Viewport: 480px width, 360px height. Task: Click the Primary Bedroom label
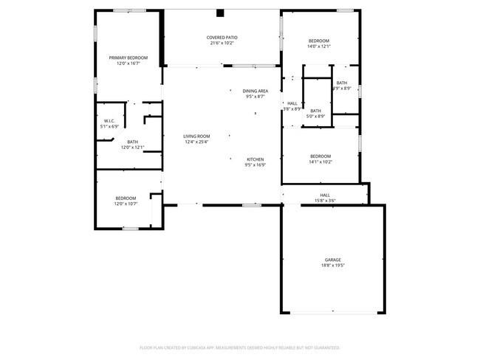pos(128,58)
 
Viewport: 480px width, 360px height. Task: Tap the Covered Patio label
pos(222,37)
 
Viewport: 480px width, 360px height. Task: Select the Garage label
pos(333,260)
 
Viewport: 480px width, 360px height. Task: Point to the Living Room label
pos(197,136)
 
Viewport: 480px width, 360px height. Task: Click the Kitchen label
pos(255,159)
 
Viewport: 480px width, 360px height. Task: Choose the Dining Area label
pos(256,91)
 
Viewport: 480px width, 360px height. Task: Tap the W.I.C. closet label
pos(109,121)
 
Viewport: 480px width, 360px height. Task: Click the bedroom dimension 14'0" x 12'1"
pos(319,46)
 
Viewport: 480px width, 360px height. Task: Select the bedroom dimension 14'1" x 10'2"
pos(320,162)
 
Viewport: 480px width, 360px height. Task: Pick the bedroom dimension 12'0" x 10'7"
pos(126,204)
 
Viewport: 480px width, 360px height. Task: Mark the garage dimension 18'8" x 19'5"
pos(333,266)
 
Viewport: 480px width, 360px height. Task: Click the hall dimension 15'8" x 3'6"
pos(325,201)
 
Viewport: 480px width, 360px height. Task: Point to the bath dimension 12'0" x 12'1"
pos(132,148)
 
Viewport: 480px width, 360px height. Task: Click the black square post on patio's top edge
pos(219,13)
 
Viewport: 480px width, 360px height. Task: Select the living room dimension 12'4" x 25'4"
pos(197,142)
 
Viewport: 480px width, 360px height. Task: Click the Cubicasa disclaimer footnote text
pos(239,347)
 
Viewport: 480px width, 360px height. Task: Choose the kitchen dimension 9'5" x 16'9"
pos(255,165)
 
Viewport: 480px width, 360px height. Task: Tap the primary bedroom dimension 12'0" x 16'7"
pos(128,63)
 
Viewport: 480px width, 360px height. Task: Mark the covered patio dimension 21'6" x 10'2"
pos(222,43)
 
